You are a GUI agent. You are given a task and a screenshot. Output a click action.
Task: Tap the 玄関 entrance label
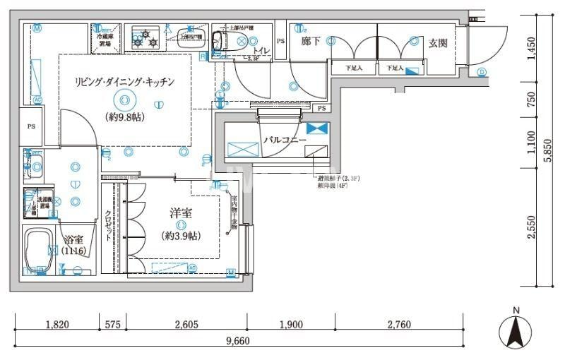pos(438,42)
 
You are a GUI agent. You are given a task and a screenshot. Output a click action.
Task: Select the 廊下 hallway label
pos(311,42)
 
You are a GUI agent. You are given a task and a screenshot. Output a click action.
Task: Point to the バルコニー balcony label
pos(285,140)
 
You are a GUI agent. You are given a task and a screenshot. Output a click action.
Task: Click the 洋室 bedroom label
pos(181,212)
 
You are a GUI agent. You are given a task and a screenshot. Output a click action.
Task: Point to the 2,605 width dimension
pos(186,325)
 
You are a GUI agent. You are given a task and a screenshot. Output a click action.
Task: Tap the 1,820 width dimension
pos(56,325)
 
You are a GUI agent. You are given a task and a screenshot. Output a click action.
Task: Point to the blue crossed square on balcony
pos(318,128)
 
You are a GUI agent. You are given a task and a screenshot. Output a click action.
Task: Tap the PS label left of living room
pos(31,127)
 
